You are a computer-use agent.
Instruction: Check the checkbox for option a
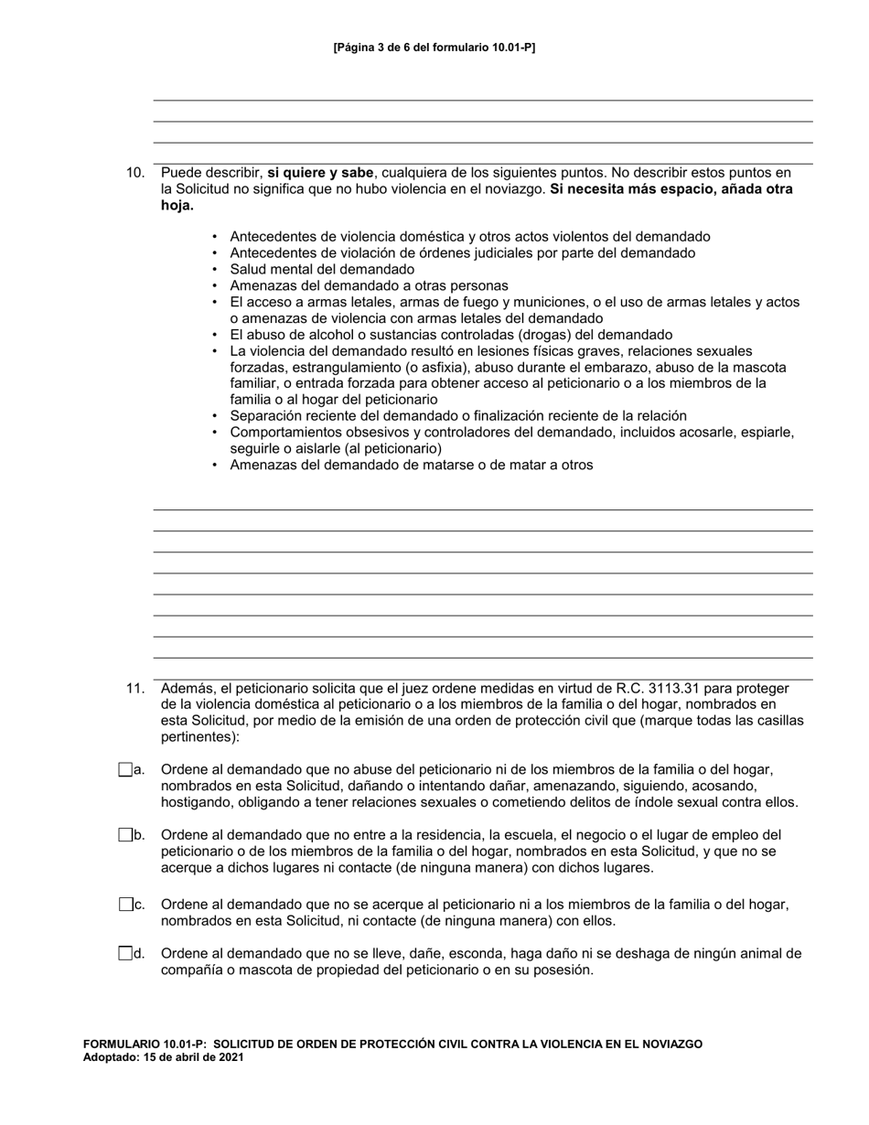click(125, 770)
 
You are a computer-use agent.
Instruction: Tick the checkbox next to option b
click(125, 835)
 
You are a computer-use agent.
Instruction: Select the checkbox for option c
click(125, 905)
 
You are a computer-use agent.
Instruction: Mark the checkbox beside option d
click(125, 954)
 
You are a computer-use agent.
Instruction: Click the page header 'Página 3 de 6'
click(434, 47)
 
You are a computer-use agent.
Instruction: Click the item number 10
click(135, 173)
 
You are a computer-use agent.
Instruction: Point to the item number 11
click(135, 689)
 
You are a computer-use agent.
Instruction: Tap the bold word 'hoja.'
click(177, 206)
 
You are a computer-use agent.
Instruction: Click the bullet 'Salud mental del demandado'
click(322, 270)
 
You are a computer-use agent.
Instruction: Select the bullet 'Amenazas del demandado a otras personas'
click(369, 286)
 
